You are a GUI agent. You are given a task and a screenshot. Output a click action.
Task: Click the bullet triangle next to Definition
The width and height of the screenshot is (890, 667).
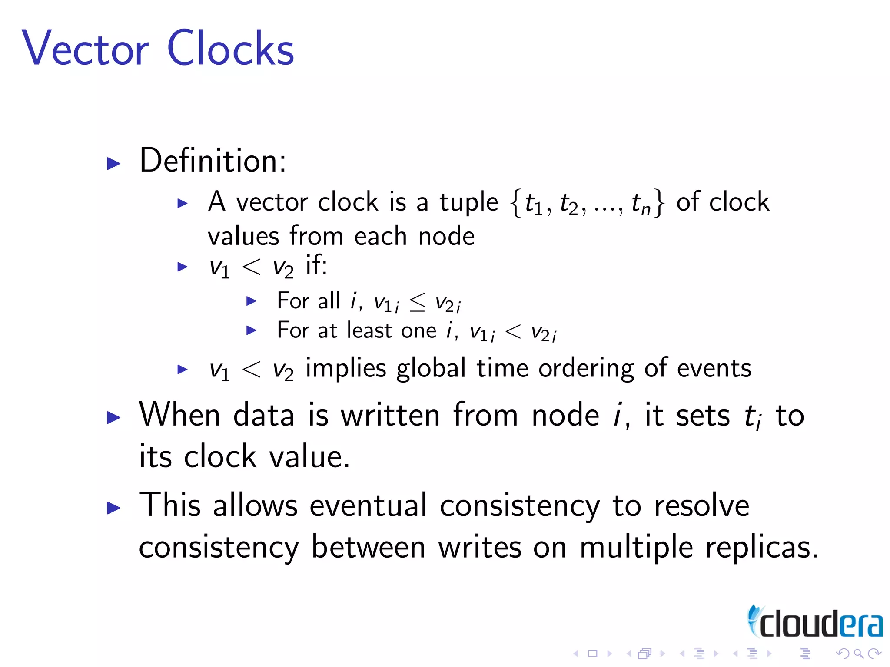tap(113, 164)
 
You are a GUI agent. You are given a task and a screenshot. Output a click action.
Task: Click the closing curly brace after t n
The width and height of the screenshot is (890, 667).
tap(660, 203)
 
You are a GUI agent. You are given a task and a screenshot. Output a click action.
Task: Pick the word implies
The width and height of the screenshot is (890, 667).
tap(346, 369)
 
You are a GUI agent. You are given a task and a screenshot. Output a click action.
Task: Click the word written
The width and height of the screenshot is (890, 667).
tap(390, 416)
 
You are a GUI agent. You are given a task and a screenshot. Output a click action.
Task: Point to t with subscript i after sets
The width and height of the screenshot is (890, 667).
tap(753, 417)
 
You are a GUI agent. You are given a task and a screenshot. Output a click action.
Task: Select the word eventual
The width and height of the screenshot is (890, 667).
tap(369, 506)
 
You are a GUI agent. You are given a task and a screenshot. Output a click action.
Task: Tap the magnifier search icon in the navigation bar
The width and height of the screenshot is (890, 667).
tap(858, 654)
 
